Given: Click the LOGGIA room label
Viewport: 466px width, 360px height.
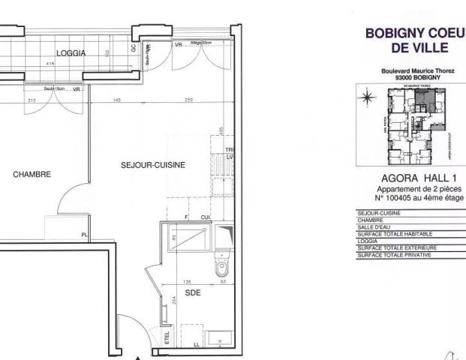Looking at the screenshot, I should click(x=71, y=53).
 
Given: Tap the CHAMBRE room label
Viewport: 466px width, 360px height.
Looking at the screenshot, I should click(x=32, y=174).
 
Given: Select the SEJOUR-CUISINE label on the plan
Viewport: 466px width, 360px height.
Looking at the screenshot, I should click(x=153, y=164).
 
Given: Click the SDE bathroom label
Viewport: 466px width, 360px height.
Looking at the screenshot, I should click(x=193, y=294).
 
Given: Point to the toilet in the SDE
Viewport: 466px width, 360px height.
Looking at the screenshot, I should click(x=220, y=266).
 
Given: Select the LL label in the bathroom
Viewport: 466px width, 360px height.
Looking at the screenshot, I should click(x=197, y=345).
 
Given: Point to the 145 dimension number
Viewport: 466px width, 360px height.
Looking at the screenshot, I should click(x=119, y=100).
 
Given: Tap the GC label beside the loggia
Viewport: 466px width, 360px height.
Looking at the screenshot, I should click(x=134, y=46).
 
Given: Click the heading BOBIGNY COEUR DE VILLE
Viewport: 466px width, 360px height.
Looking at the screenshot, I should click(x=415, y=40).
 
